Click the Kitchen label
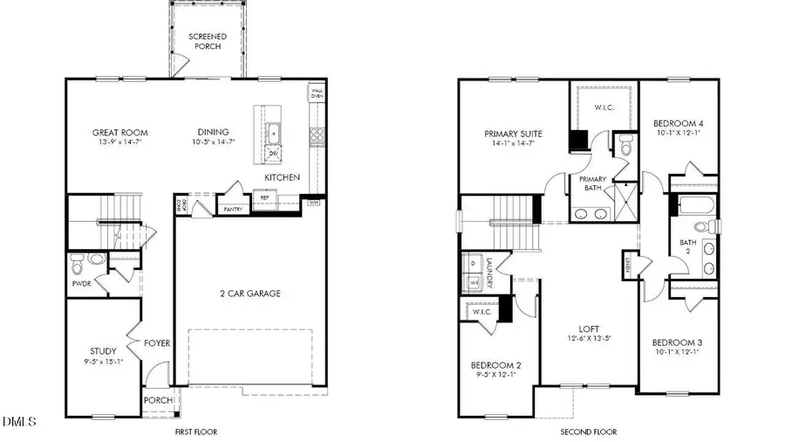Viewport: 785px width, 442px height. (x=283, y=177)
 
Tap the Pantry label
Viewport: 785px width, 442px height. (x=233, y=210)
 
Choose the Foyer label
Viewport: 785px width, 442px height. (x=157, y=343)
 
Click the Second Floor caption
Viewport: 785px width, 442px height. (x=589, y=432)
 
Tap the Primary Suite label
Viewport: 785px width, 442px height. (x=513, y=134)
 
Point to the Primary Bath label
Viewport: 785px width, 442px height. (x=593, y=183)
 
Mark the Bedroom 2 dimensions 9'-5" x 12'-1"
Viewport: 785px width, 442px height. (x=495, y=375)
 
